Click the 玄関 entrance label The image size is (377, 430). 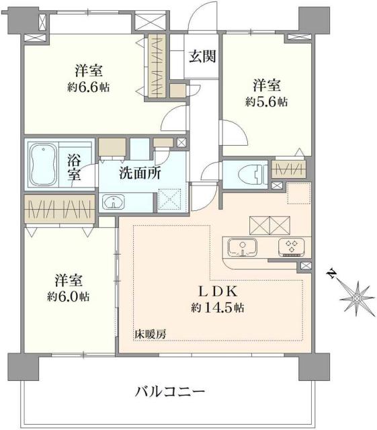(x=201, y=57)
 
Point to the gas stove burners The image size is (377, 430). (x=292, y=247)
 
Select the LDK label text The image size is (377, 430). (x=216, y=292)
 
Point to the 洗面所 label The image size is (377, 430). (x=140, y=173)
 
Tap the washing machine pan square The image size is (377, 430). (x=169, y=200)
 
